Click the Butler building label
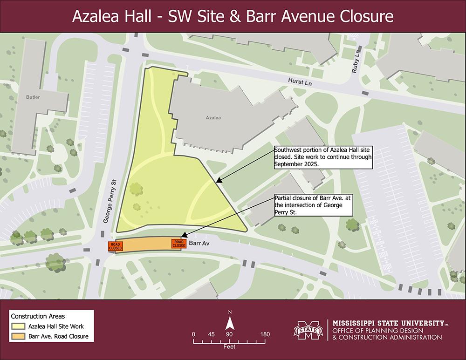(33, 97)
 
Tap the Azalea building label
(213, 118)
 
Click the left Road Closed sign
(115, 246)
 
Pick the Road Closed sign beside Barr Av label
(179, 244)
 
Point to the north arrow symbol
(229, 322)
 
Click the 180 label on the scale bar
(265, 334)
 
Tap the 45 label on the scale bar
(211, 334)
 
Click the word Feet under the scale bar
(229, 347)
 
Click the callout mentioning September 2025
(323, 157)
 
